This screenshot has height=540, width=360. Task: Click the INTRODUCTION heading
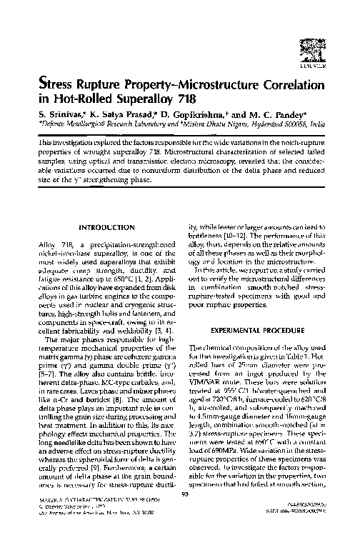click(105, 227)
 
